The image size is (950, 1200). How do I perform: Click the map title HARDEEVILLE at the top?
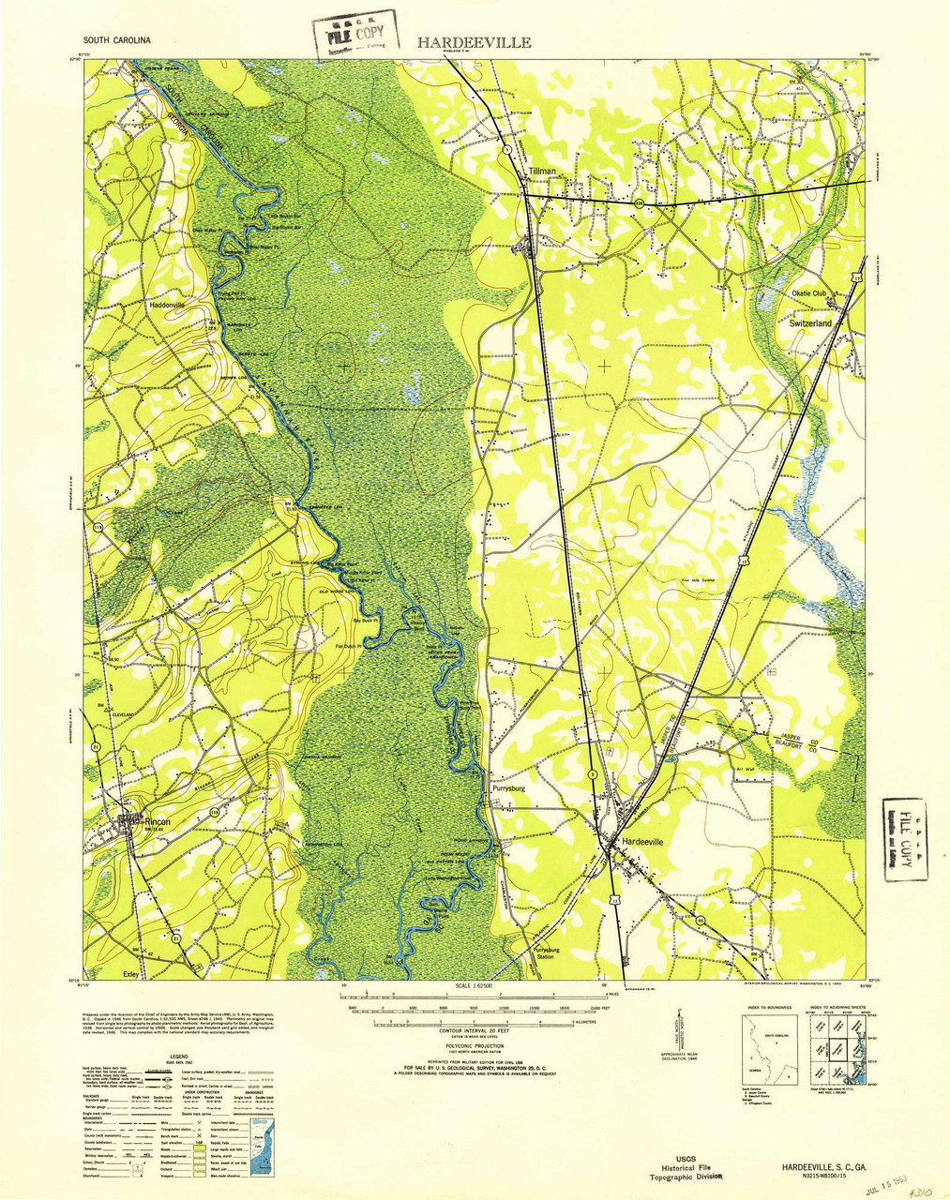[x=474, y=42]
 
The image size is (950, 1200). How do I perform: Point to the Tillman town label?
[x=542, y=172]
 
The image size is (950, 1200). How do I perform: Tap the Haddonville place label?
[x=167, y=306]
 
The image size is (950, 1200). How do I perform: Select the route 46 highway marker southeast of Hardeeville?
[x=701, y=921]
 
